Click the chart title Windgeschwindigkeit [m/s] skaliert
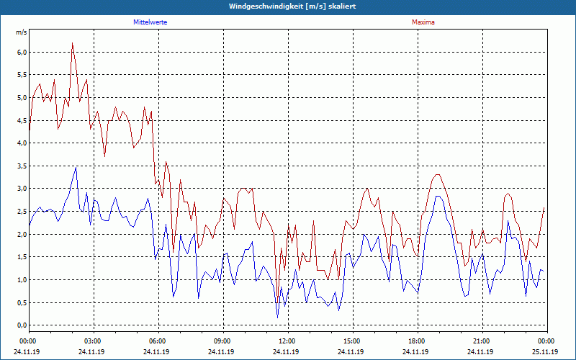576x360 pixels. (288, 6)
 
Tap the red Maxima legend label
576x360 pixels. (423, 22)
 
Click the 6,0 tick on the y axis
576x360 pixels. (22, 53)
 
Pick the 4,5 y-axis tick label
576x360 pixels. (22, 121)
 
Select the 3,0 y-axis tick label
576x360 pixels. (22, 189)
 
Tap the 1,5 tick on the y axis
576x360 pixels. (22, 257)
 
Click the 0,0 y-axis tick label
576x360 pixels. (22, 325)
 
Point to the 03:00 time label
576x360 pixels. (94, 341)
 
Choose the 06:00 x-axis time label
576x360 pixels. (158, 341)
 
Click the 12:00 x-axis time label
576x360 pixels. (287, 341)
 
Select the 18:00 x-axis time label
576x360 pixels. (417, 341)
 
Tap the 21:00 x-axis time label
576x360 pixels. (482, 341)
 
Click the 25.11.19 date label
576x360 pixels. (546, 352)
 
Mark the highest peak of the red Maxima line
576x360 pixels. (73, 43)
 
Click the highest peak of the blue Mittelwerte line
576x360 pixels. (76, 167)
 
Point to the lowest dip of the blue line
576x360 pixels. (278, 317)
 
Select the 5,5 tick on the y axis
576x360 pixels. (22, 76)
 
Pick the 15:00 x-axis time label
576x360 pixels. (352, 341)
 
